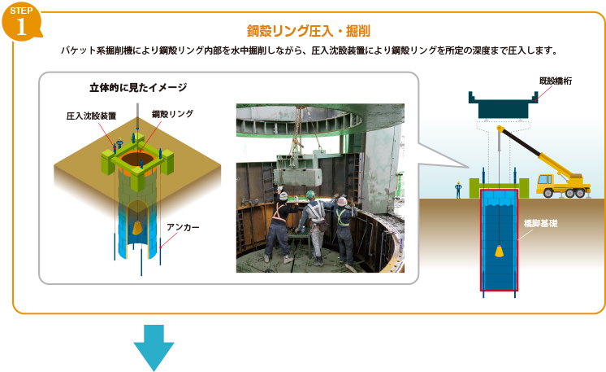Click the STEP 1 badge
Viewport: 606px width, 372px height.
tap(21, 21)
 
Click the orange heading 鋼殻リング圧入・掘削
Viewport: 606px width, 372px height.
tap(309, 31)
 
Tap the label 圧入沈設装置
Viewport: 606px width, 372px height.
tap(91, 116)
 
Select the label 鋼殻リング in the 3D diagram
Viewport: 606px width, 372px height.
tap(172, 114)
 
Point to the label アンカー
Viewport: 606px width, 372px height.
tap(183, 227)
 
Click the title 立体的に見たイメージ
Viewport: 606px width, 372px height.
tap(138, 88)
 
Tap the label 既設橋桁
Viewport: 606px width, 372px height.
tap(556, 81)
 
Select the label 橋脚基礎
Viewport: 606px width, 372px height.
tap(540, 223)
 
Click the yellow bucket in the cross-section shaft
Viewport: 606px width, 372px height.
tap(500, 252)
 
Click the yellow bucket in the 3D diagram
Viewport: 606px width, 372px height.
tap(137, 228)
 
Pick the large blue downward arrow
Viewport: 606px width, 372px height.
tap(154, 348)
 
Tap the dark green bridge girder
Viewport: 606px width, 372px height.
tap(503, 104)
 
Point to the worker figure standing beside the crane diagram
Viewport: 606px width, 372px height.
tap(458, 190)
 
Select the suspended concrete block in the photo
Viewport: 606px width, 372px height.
tap(297, 176)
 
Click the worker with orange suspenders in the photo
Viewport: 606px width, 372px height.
tap(279, 227)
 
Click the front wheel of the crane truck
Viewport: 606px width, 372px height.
tap(548, 192)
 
